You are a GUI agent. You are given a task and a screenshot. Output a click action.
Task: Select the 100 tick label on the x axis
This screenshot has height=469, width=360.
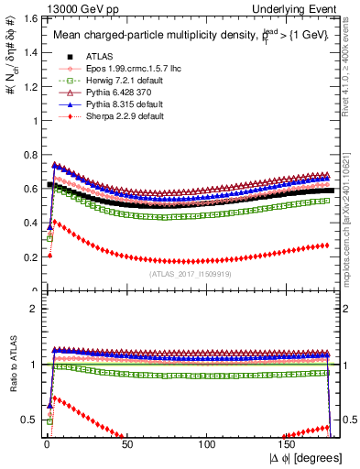point(207,443)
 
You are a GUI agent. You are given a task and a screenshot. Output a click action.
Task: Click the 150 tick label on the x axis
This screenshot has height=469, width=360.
point(288,443)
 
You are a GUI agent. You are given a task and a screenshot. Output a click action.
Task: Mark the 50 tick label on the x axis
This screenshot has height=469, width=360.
point(126,443)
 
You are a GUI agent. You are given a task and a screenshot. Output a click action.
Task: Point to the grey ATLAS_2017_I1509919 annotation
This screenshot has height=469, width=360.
point(189,273)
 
